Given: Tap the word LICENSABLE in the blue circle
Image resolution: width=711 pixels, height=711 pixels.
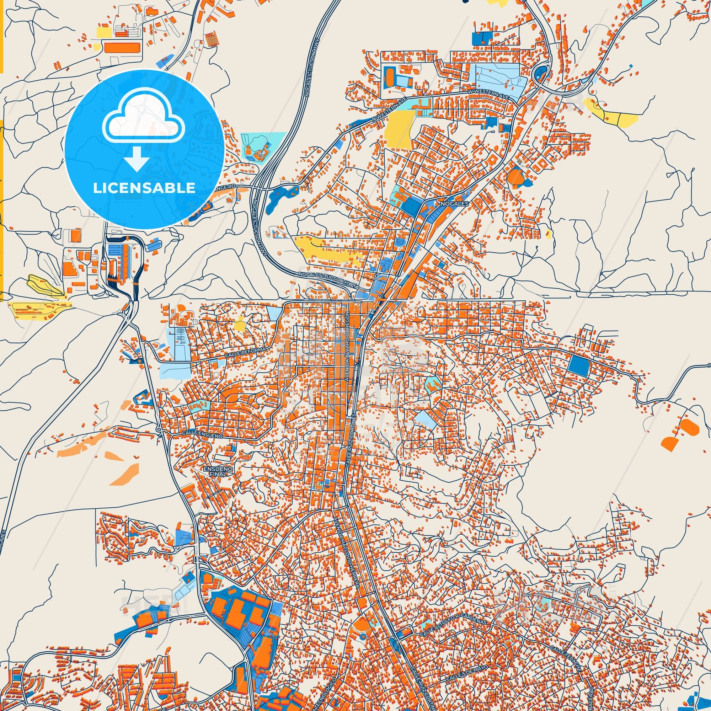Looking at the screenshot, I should [x=144, y=188].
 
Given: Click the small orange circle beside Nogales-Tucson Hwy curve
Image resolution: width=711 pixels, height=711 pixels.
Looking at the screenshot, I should [x=279, y=253].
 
